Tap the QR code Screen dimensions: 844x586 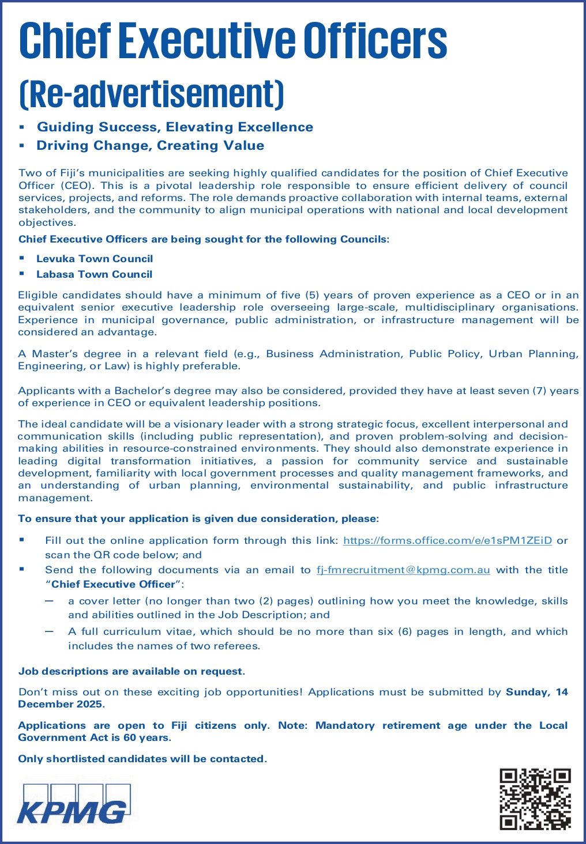tap(535, 799)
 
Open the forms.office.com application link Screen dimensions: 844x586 tap(448, 540)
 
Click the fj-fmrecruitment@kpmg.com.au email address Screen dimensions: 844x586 tap(403, 570)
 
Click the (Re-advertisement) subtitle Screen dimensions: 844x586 tap(152, 94)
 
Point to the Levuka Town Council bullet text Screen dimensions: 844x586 tap(95, 259)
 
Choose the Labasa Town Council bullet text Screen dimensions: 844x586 tap(95, 274)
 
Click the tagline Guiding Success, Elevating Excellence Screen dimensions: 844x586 tap(175, 127)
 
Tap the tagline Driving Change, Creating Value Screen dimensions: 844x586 tap(151, 145)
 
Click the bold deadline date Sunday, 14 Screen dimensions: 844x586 tap(536, 692)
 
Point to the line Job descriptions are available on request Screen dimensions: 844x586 tap(132, 671)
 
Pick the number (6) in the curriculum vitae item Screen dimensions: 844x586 tap(404, 631)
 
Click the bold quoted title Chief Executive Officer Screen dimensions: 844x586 tap(113, 584)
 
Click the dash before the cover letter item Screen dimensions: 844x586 tap(50, 601)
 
